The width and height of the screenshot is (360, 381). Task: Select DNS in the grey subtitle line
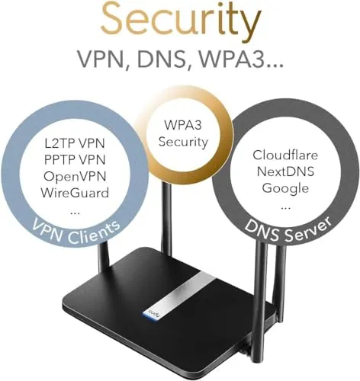(161, 59)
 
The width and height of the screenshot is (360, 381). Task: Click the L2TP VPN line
(75, 143)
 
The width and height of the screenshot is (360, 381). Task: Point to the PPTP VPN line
(75, 160)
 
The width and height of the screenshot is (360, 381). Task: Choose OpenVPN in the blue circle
(75, 176)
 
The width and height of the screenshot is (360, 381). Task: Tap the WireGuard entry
(75, 193)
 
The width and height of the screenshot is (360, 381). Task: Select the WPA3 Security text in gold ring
(183, 133)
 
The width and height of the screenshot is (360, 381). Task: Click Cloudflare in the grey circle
(285, 155)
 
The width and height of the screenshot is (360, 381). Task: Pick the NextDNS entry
(285, 171)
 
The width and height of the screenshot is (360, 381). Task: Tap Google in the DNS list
(285, 188)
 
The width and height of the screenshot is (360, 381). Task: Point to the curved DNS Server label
(288, 230)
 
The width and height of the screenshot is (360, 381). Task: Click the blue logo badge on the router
(153, 315)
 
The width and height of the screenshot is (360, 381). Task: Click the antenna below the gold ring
(166, 216)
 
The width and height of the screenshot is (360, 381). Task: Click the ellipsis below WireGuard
(75, 213)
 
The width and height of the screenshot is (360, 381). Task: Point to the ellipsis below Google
(286, 208)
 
